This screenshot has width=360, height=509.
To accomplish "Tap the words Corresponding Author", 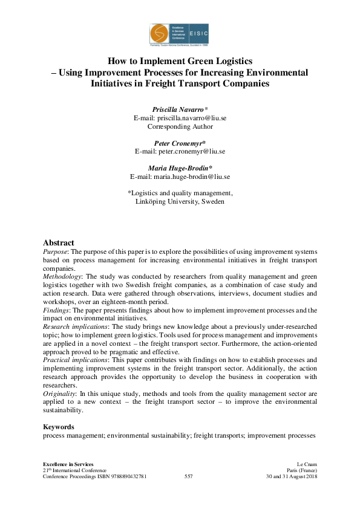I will coord(180,127).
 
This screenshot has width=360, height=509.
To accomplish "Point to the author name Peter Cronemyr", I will coord(178,144).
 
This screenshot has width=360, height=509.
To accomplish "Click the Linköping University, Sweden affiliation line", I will coord(180,201).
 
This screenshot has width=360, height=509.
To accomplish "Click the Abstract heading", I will coord(59,242).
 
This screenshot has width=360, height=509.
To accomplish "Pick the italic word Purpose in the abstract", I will coord(55,251).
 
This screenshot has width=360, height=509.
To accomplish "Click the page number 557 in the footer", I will coord(188,477).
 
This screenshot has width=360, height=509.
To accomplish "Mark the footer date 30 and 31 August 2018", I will coord(292,477).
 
